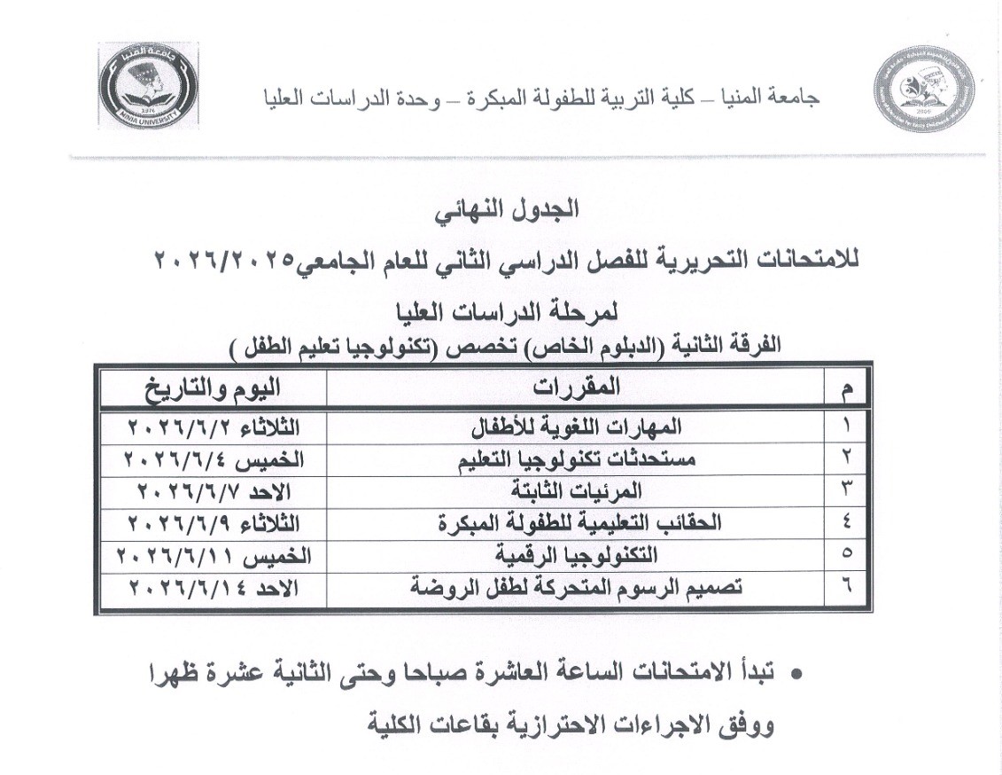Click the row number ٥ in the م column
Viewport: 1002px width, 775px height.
point(846,555)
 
